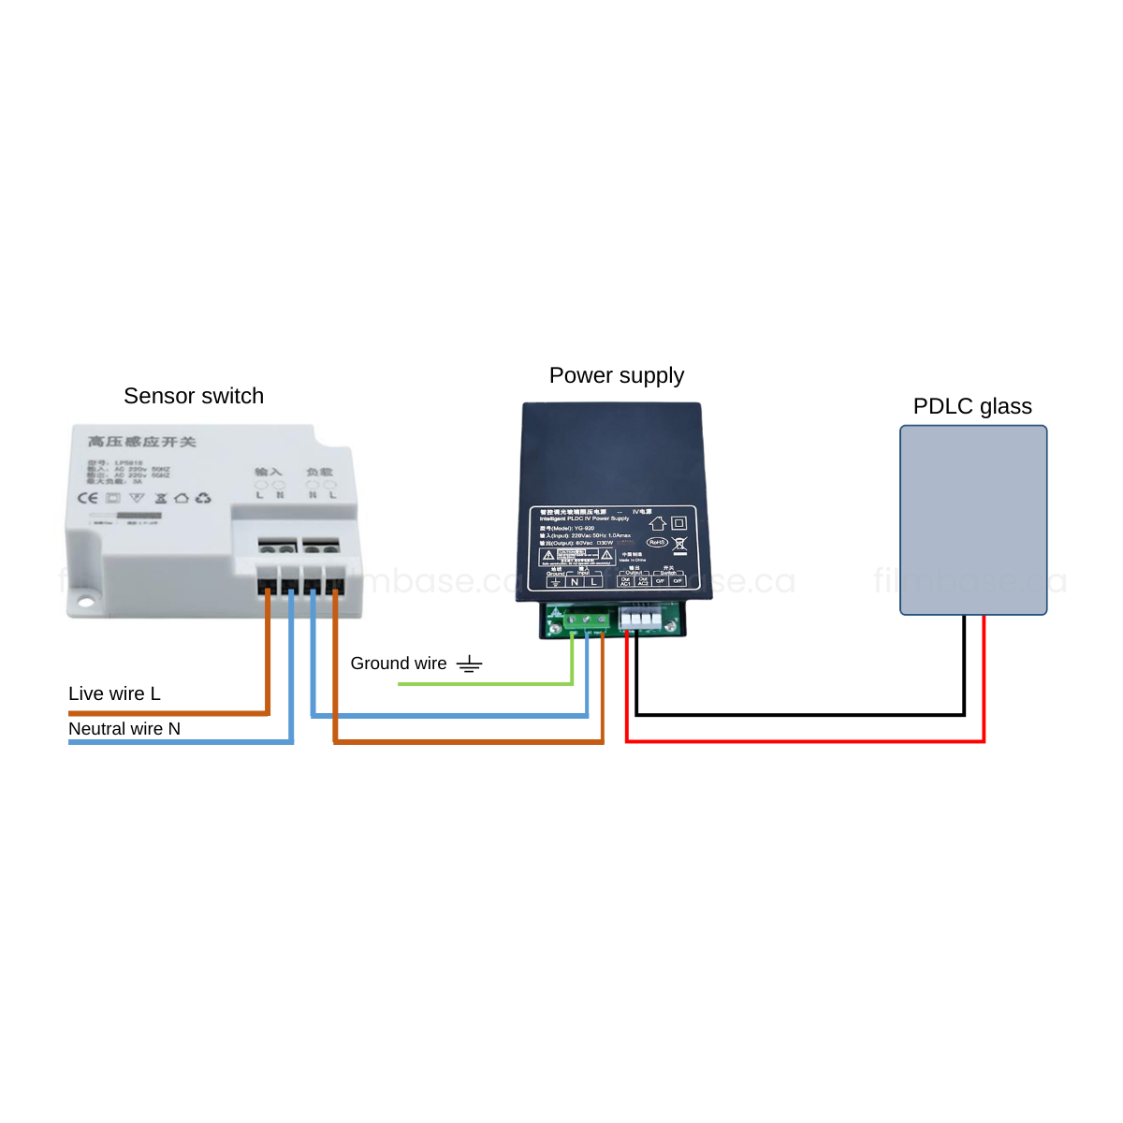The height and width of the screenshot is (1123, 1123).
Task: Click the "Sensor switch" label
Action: (x=194, y=396)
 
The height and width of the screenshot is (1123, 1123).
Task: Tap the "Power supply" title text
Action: (x=617, y=375)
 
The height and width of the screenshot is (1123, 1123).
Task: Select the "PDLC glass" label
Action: (x=972, y=406)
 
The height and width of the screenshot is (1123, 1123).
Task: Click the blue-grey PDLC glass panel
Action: (x=973, y=519)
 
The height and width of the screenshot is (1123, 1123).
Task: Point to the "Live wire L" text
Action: (x=114, y=693)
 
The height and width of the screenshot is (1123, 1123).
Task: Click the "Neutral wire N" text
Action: (x=124, y=729)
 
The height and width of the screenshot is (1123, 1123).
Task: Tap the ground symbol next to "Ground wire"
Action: (x=469, y=664)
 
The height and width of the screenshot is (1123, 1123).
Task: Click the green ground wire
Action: (x=487, y=684)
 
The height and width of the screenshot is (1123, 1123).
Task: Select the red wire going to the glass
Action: (x=805, y=741)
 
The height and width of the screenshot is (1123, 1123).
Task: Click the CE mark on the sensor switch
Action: (x=87, y=498)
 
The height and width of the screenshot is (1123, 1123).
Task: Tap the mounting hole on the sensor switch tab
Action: (x=86, y=602)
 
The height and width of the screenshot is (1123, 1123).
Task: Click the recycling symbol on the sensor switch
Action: (x=203, y=498)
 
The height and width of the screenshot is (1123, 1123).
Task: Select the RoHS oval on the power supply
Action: (x=657, y=543)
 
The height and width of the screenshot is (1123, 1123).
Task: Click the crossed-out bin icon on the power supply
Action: (x=679, y=544)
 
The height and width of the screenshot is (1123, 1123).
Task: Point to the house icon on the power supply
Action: (x=658, y=523)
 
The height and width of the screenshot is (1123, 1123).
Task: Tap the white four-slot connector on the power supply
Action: (x=641, y=618)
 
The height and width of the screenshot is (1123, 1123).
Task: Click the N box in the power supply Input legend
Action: (x=575, y=581)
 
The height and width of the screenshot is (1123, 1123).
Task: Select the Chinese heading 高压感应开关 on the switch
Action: (x=142, y=442)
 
